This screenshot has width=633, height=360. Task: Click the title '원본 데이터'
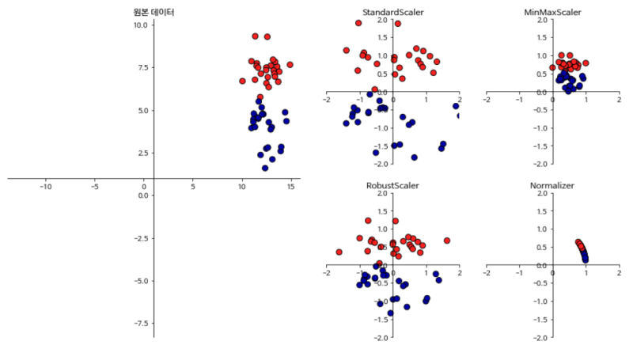(x=154, y=13)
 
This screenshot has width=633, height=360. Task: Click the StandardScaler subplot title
(x=392, y=13)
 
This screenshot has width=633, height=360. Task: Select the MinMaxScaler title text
(x=552, y=13)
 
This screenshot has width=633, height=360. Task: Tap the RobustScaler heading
(x=392, y=185)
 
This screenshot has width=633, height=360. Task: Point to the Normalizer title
(x=552, y=185)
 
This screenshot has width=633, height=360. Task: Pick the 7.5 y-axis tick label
(x=142, y=68)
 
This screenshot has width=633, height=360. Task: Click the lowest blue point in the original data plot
(x=265, y=168)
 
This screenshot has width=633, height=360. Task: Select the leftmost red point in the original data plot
(x=242, y=81)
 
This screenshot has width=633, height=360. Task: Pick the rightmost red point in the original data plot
(x=290, y=65)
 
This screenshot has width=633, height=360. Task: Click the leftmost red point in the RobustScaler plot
(x=339, y=252)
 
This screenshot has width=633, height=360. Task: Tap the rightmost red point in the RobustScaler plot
(x=447, y=241)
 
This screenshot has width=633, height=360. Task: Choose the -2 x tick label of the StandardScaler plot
(x=327, y=100)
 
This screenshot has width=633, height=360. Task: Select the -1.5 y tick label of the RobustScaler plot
(x=381, y=320)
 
